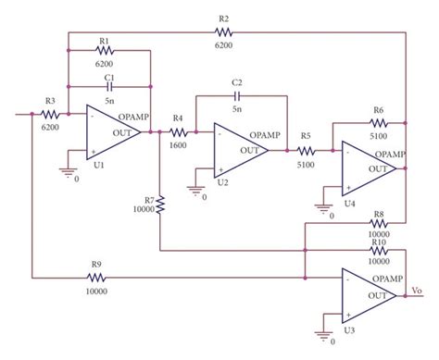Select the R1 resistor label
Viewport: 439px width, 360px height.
tap(104, 42)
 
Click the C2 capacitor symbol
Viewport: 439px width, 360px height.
tap(237, 94)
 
